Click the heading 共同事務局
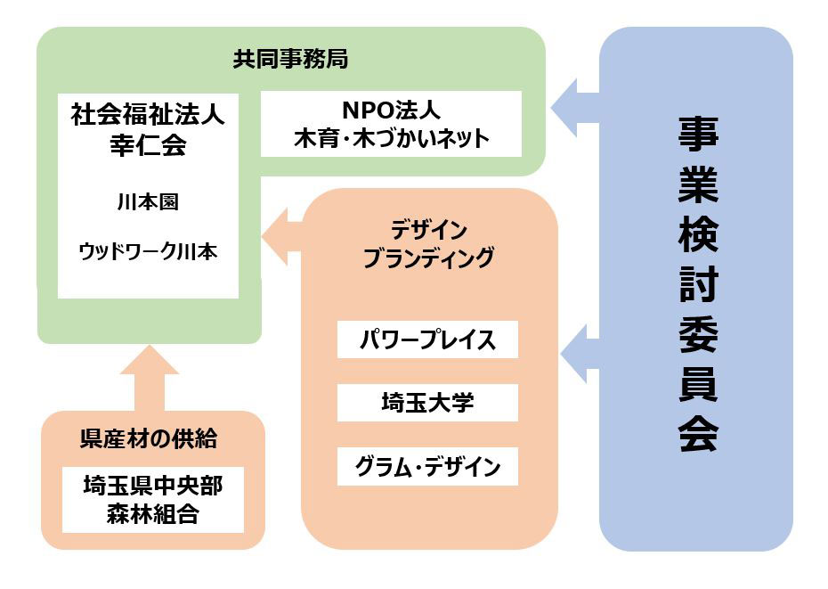tap(290, 59)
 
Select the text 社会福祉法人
tap(148, 114)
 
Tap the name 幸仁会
tap(148, 144)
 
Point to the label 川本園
tap(148, 202)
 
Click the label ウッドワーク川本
tap(148, 251)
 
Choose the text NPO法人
tap(391, 110)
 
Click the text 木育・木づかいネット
tap(391, 138)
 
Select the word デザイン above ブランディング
tap(429, 230)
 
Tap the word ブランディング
tap(429, 258)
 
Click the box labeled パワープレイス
tap(427, 339)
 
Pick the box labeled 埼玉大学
tap(427, 403)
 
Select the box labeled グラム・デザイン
tap(427, 466)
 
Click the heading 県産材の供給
tap(149, 438)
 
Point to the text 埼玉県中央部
tap(153, 486)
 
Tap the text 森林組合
tap(153, 514)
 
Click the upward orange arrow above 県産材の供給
tap(150, 378)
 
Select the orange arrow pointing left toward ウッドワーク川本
tap(282, 236)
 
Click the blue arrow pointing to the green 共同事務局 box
tap(575, 108)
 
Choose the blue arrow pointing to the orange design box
tap(580, 354)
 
